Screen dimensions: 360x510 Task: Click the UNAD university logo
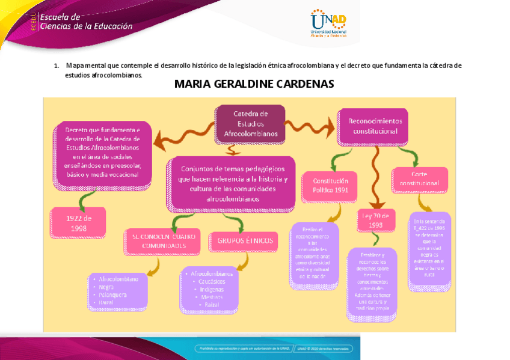pos(328,23)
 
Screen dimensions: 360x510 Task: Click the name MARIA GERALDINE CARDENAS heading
pos(254,84)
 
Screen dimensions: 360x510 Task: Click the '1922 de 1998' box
pos(78,222)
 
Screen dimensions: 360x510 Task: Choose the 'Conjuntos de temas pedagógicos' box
pos(232,183)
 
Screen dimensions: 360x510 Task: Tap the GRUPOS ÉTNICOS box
pos(243,241)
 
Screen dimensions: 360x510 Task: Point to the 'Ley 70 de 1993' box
pos(376,219)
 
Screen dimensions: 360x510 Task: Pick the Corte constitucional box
pos(419,178)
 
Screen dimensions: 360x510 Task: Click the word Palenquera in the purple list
pos(112,294)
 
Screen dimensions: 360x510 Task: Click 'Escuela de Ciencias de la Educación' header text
pos(85,22)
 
